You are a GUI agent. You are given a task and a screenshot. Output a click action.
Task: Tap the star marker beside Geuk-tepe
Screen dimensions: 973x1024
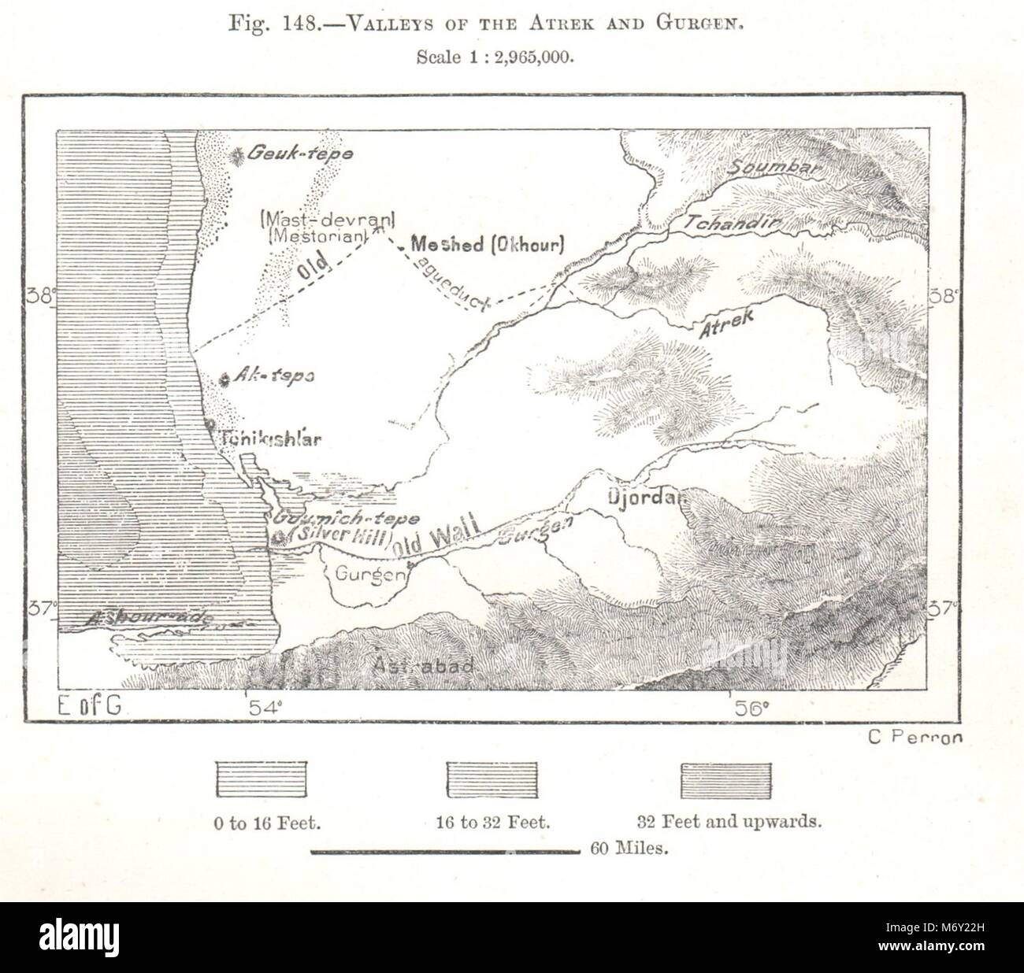tap(236, 156)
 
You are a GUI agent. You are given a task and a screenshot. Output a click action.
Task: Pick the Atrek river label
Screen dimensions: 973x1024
tap(726, 322)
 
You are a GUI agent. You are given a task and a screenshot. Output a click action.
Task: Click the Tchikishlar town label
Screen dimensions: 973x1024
tap(272, 439)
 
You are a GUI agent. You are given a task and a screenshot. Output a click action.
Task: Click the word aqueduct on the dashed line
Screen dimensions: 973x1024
tap(453, 280)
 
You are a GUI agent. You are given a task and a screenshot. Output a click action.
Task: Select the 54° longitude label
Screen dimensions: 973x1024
tap(263, 708)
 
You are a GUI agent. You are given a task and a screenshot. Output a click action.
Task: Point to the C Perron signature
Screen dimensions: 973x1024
tap(915, 738)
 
